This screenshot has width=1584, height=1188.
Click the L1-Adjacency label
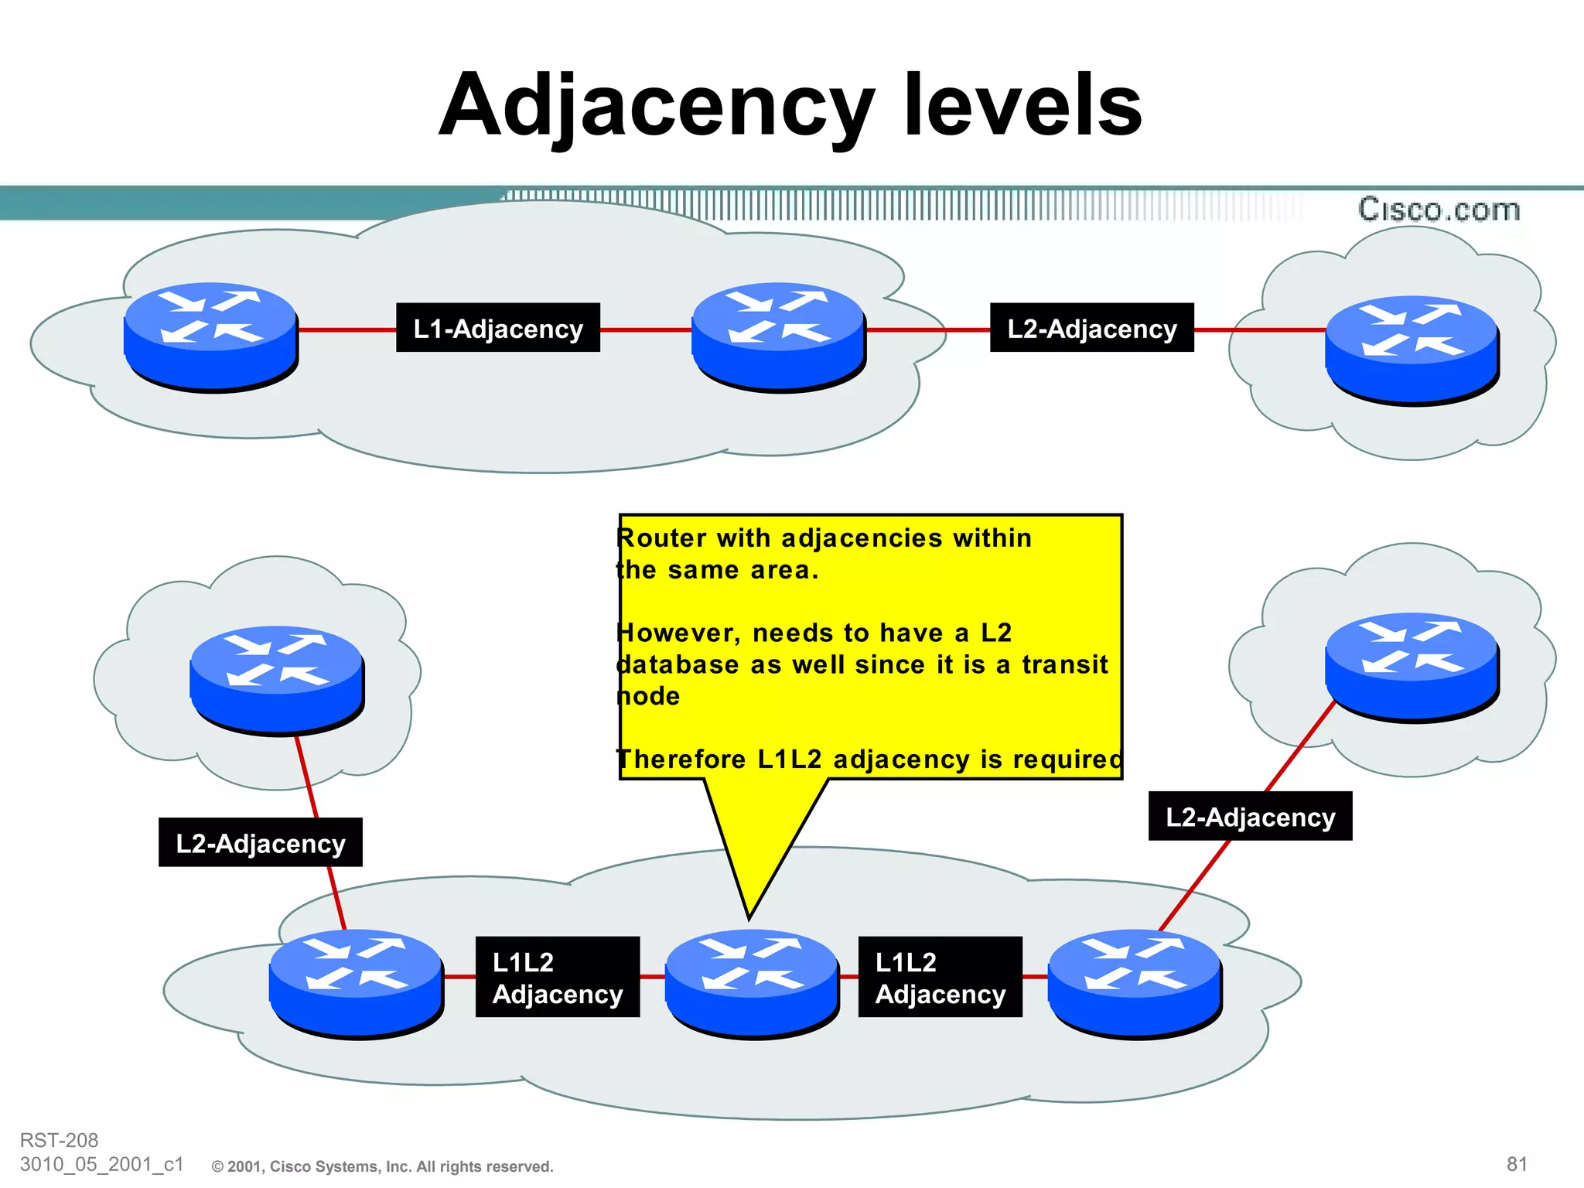498,328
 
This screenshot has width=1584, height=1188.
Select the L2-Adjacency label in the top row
1091,328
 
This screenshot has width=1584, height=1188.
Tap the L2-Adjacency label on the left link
261,842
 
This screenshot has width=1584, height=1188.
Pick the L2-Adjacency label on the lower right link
1250,816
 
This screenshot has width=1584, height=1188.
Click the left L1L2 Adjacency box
557,977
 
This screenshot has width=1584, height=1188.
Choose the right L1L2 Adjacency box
940,977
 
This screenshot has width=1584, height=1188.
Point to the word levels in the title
1022,104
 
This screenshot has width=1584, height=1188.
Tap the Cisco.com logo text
1439,210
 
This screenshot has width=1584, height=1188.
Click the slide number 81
1517,1164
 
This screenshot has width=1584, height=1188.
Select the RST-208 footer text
59,1140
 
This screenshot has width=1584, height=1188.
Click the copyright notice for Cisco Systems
383,1166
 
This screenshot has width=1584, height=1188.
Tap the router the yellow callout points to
752,982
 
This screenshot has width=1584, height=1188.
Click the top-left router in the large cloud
210,336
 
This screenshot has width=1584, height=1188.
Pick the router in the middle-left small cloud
277,679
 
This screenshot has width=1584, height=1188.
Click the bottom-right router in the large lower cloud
1135,982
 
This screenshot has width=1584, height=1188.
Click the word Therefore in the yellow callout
681,760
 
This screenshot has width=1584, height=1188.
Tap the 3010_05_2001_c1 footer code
101,1164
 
